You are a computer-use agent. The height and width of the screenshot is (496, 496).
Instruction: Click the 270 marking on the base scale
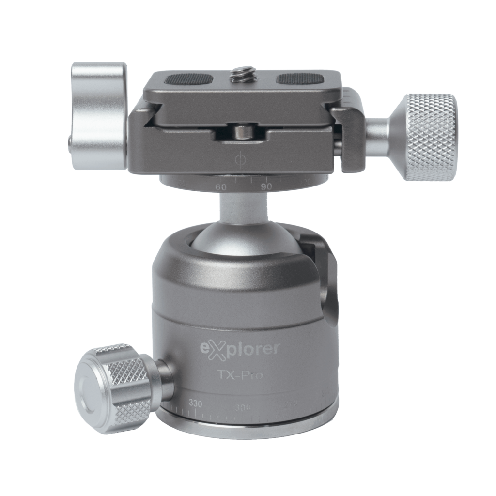point(289,403)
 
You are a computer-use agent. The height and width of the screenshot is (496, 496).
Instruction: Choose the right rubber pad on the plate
point(295,79)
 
